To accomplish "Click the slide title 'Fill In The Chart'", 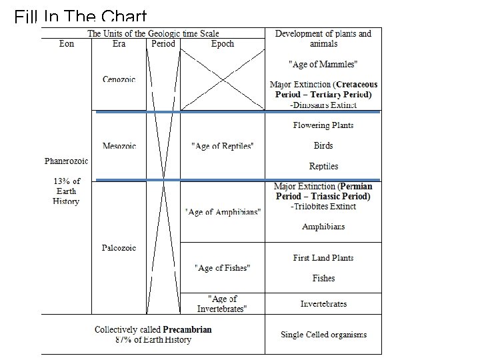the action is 80,15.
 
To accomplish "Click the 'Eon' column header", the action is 67,44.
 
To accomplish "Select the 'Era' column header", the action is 119,44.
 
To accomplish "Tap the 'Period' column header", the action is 163,44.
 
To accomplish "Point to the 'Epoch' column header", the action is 222,44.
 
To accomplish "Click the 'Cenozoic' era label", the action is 119,79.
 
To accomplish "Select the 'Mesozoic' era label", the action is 119,145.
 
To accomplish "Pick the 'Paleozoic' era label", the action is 119,247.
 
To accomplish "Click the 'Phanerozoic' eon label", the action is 66,161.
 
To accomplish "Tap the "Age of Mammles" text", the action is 323,65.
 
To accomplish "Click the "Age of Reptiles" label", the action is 222,146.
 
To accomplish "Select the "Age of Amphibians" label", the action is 223,212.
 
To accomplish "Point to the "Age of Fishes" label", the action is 222,268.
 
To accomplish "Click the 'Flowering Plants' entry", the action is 323,125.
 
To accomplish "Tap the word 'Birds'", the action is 323,145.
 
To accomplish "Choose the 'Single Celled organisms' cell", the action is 323,335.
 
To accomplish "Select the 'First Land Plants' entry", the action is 323,257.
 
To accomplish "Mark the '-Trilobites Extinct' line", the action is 323,207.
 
